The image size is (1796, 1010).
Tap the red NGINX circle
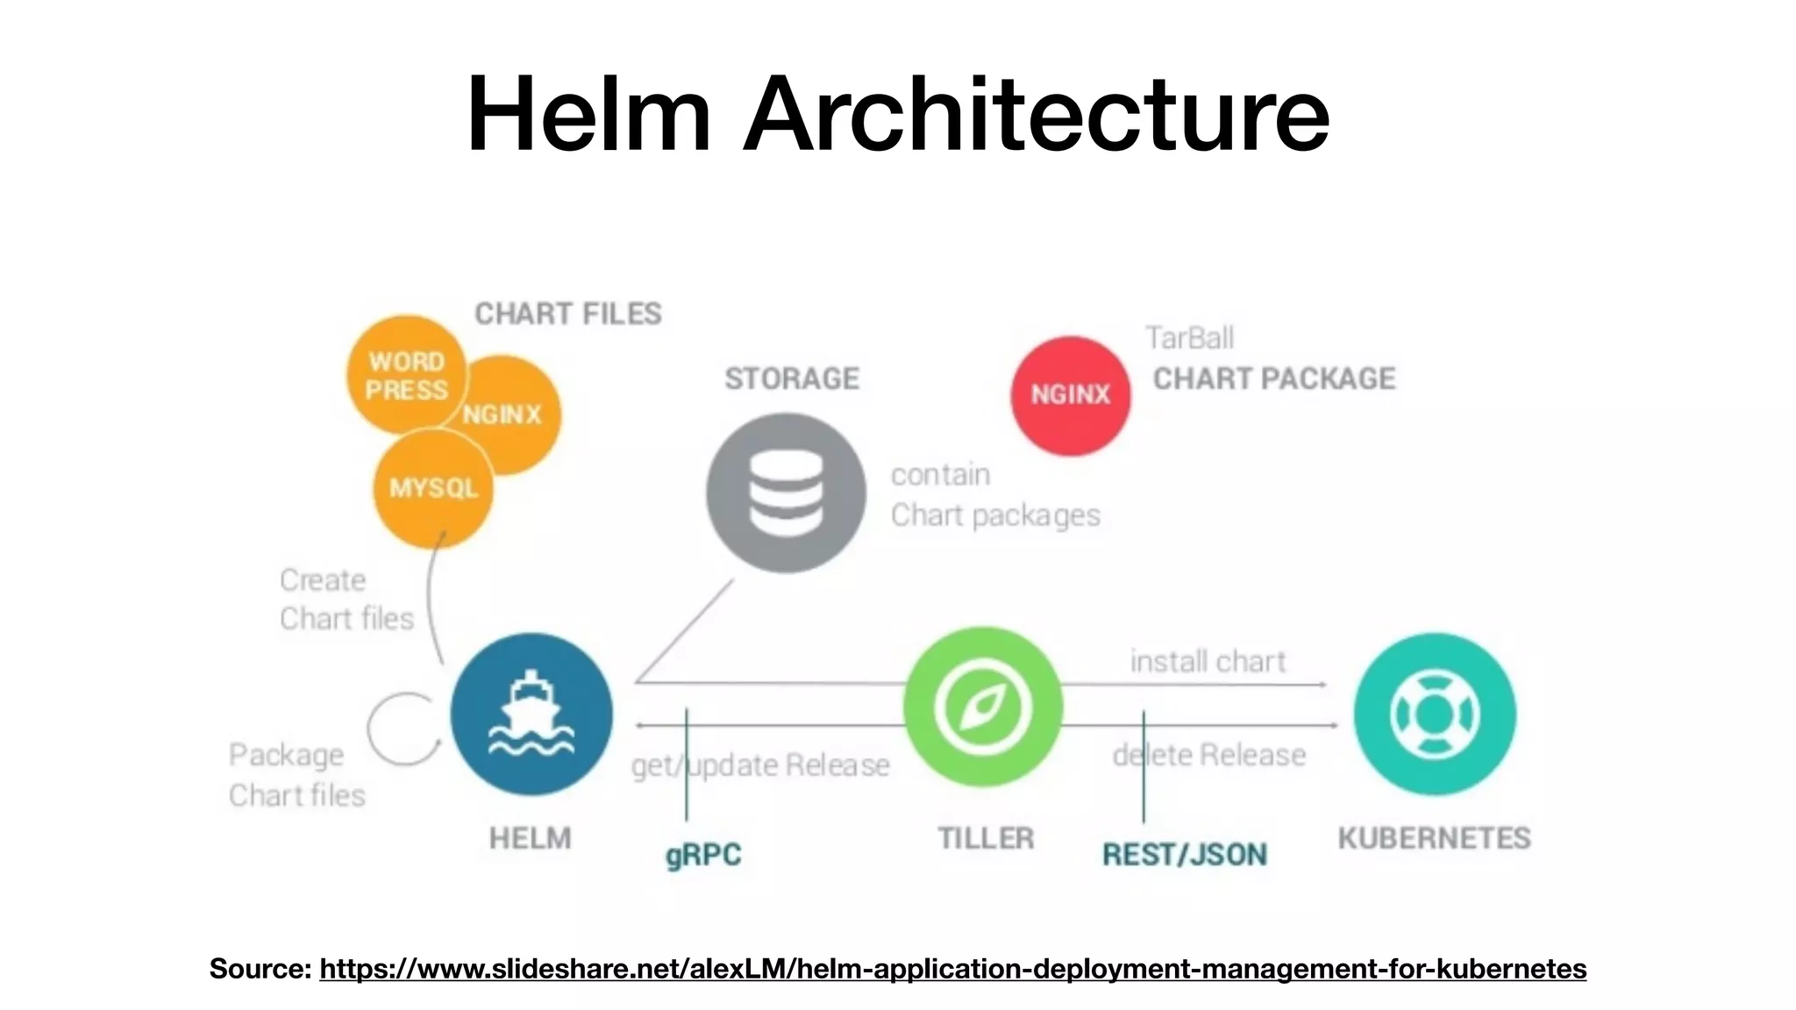(x=1070, y=395)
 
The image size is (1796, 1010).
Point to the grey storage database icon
(x=786, y=493)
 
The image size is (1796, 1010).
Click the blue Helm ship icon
(x=531, y=714)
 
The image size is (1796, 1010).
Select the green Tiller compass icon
(x=982, y=707)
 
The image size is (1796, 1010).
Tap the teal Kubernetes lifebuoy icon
(x=1434, y=714)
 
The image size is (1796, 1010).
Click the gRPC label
(x=703, y=855)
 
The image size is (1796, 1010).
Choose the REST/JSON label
(x=1184, y=855)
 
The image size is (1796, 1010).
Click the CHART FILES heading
(x=568, y=314)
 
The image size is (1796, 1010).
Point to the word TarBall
(x=1189, y=338)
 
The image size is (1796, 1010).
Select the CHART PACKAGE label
(x=1273, y=379)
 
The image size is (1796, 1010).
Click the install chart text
(x=1208, y=661)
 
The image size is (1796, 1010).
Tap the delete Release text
(x=1209, y=755)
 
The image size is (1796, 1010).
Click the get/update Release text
(x=760, y=765)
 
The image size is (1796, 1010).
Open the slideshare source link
(x=952, y=969)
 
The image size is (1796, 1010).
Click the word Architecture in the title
(x=1037, y=114)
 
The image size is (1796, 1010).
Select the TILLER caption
(x=986, y=838)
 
